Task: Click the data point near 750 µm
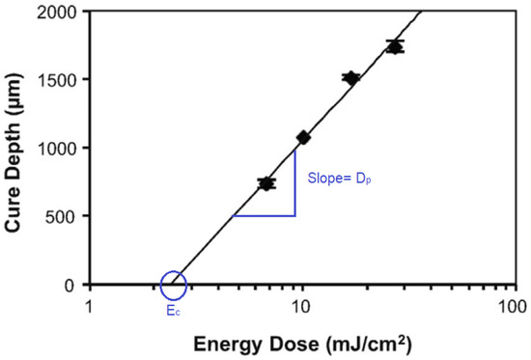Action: pos(266,182)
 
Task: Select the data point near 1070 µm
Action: pos(303,138)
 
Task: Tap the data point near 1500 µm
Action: pos(350,78)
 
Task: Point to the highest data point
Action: pos(394,46)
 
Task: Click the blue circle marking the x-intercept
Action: pos(174,285)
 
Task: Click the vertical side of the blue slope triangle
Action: pos(294,183)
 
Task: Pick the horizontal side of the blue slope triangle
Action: pos(264,215)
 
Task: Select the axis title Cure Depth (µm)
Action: pos(18,148)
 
